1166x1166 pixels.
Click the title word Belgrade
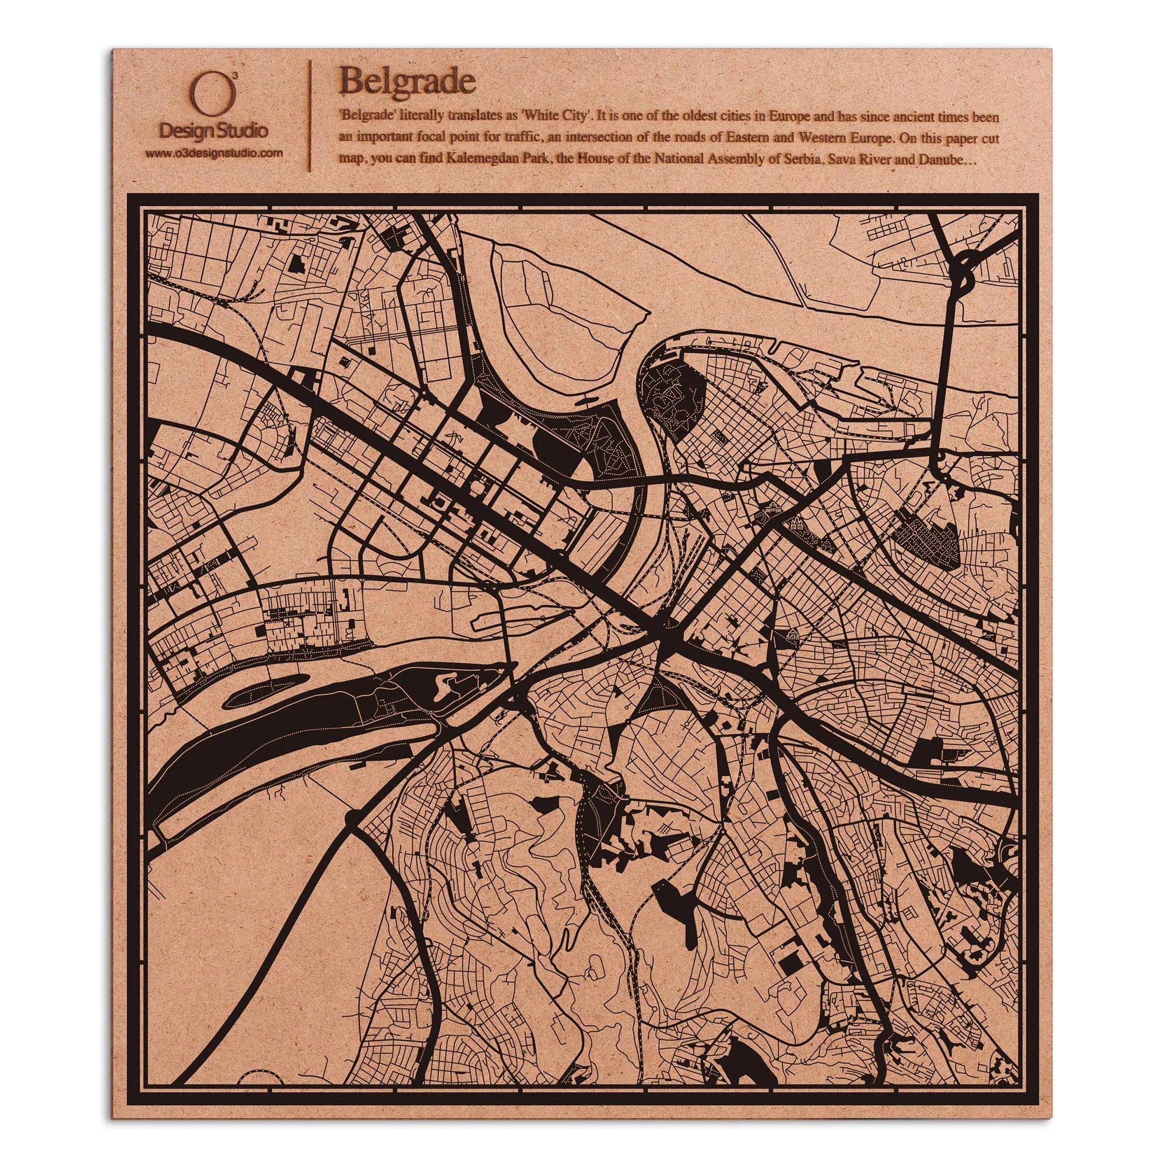pyautogui.click(x=408, y=80)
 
